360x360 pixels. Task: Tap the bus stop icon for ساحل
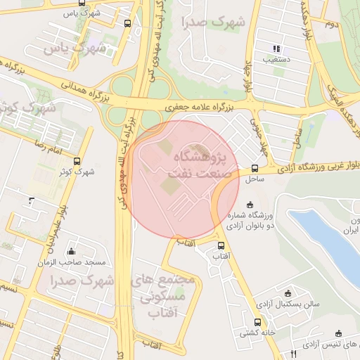[255, 168]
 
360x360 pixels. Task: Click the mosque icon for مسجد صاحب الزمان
[71, 252]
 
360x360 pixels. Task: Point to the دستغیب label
[276, 60]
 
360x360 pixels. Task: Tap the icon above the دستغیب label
[276, 49]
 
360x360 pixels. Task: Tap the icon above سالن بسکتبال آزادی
[287, 292]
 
